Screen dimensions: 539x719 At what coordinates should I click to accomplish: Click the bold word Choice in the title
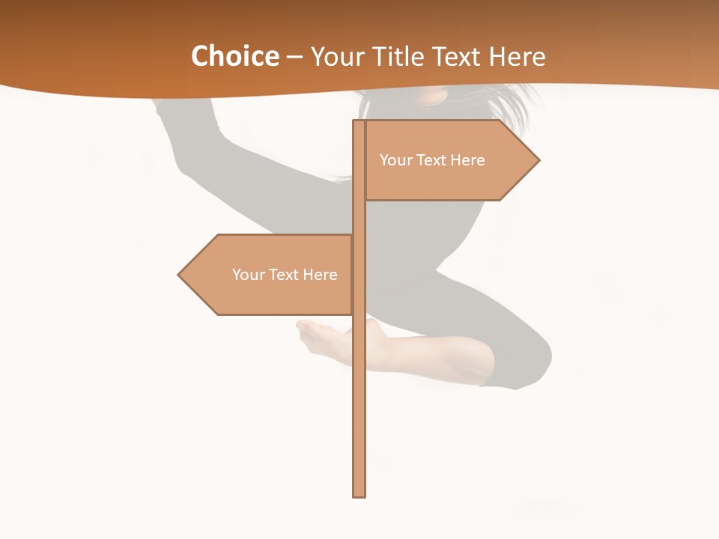click(234, 56)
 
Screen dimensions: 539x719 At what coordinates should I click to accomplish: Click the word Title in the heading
click(395, 56)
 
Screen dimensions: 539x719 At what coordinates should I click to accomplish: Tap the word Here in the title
click(517, 56)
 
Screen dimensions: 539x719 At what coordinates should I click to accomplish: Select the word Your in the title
click(336, 56)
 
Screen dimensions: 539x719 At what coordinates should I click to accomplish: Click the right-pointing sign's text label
click(432, 160)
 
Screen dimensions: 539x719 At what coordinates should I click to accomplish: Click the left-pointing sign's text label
click(285, 275)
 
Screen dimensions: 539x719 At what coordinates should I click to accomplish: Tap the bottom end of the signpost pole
click(359, 494)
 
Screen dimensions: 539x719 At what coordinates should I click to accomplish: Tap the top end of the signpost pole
click(359, 123)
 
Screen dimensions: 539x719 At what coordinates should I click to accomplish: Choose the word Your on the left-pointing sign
click(248, 275)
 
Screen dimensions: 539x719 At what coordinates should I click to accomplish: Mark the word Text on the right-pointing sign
click(430, 160)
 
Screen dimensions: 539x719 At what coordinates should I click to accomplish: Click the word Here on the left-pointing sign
click(320, 275)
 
